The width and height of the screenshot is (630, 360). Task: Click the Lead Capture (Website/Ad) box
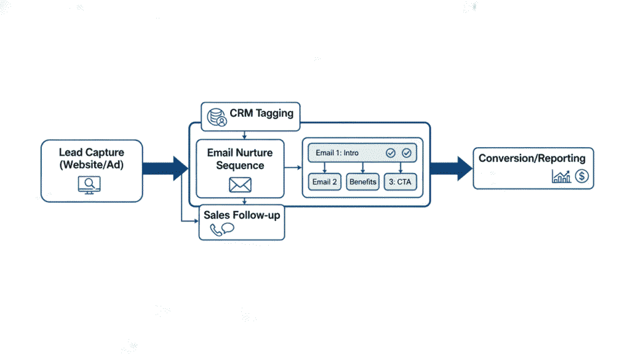[x=92, y=170]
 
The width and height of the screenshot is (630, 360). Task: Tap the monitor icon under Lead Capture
[x=89, y=185]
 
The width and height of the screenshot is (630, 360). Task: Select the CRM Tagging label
[x=261, y=114]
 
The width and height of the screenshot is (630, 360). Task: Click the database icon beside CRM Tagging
[x=217, y=116]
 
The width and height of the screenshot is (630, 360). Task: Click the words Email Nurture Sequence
[x=240, y=159]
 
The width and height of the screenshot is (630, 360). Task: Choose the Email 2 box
[x=324, y=182]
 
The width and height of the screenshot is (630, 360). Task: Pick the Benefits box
[x=363, y=182]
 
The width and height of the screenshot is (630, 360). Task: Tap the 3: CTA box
[x=401, y=182]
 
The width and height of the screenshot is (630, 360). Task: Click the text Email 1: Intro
[x=337, y=153]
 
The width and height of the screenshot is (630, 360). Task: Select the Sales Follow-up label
[x=241, y=216]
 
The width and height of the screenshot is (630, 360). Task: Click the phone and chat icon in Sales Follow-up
[x=221, y=230]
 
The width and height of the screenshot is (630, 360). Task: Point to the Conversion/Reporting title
[x=532, y=158]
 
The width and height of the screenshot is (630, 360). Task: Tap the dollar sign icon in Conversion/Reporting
[x=582, y=177]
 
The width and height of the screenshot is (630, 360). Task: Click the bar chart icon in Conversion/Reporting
[x=561, y=177]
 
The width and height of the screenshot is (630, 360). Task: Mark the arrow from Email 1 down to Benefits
[x=363, y=167]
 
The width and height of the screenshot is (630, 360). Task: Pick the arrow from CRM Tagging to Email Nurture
[x=245, y=135]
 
